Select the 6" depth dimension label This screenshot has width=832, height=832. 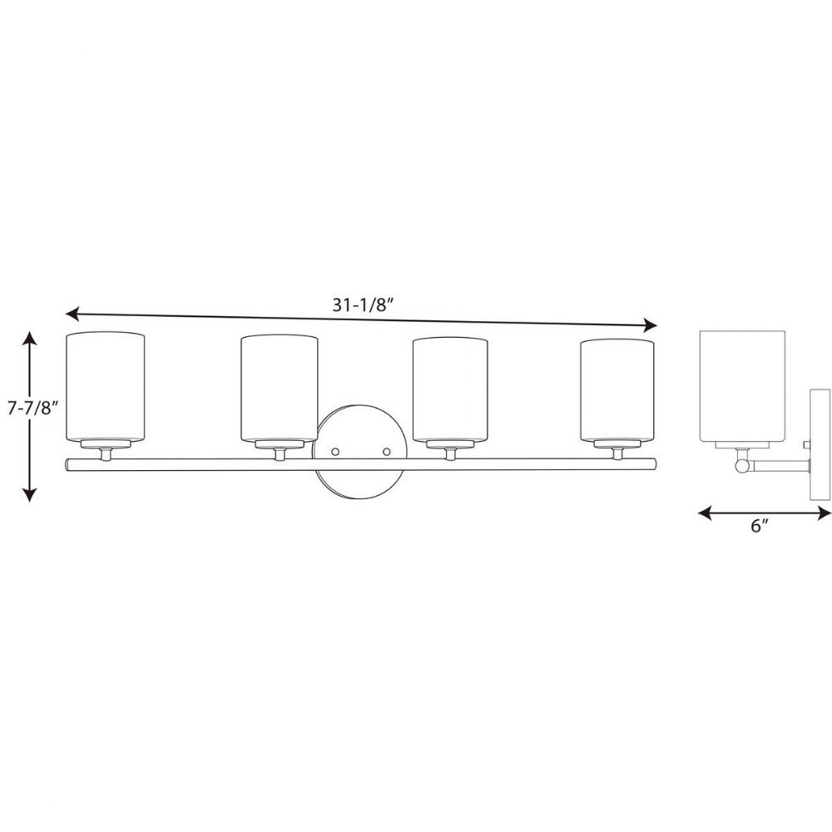tap(760, 526)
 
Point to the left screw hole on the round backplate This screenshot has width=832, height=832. tap(334, 452)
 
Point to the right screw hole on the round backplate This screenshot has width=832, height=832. tap(386, 452)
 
